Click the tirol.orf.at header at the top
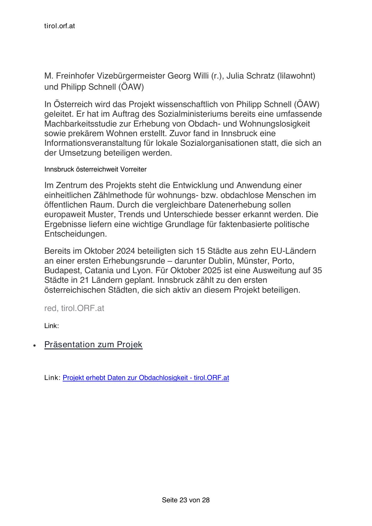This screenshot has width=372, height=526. click(x=59, y=26)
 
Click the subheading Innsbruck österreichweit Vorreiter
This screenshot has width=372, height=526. click(x=95, y=169)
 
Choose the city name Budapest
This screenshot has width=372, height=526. click(x=62, y=270)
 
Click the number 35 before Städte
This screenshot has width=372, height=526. click(x=317, y=270)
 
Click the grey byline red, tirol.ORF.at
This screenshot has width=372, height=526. click(x=74, y=308)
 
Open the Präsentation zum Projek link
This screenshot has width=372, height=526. click(x=93, y=345)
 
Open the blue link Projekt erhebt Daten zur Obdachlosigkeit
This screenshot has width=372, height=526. click(x=146, y=378)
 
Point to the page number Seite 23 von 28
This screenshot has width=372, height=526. click(x=186, y=500)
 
